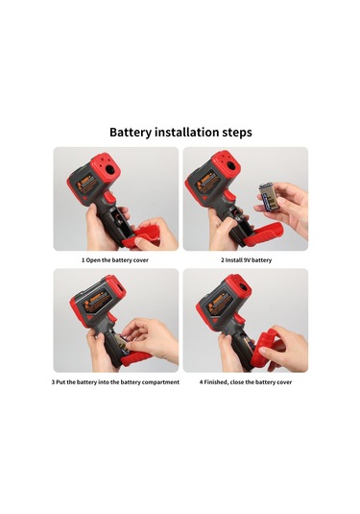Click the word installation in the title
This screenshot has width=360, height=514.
(186, 132)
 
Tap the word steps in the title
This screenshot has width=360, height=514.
(237, 133)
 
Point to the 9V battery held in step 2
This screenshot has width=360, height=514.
(269, 198)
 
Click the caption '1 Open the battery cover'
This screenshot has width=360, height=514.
(115, 260)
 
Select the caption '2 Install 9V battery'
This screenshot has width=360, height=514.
(246, 260)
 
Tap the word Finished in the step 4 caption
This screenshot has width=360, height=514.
(216, 381)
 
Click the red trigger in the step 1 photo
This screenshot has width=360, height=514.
(109, 198)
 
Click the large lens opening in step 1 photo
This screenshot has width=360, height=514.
(110, 170)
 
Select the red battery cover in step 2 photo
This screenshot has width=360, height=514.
(261, 233)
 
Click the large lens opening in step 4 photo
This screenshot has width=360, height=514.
(243, 288)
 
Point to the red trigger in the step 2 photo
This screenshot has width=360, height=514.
(230, 197)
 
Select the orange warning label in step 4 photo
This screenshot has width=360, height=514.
(216, 305)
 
